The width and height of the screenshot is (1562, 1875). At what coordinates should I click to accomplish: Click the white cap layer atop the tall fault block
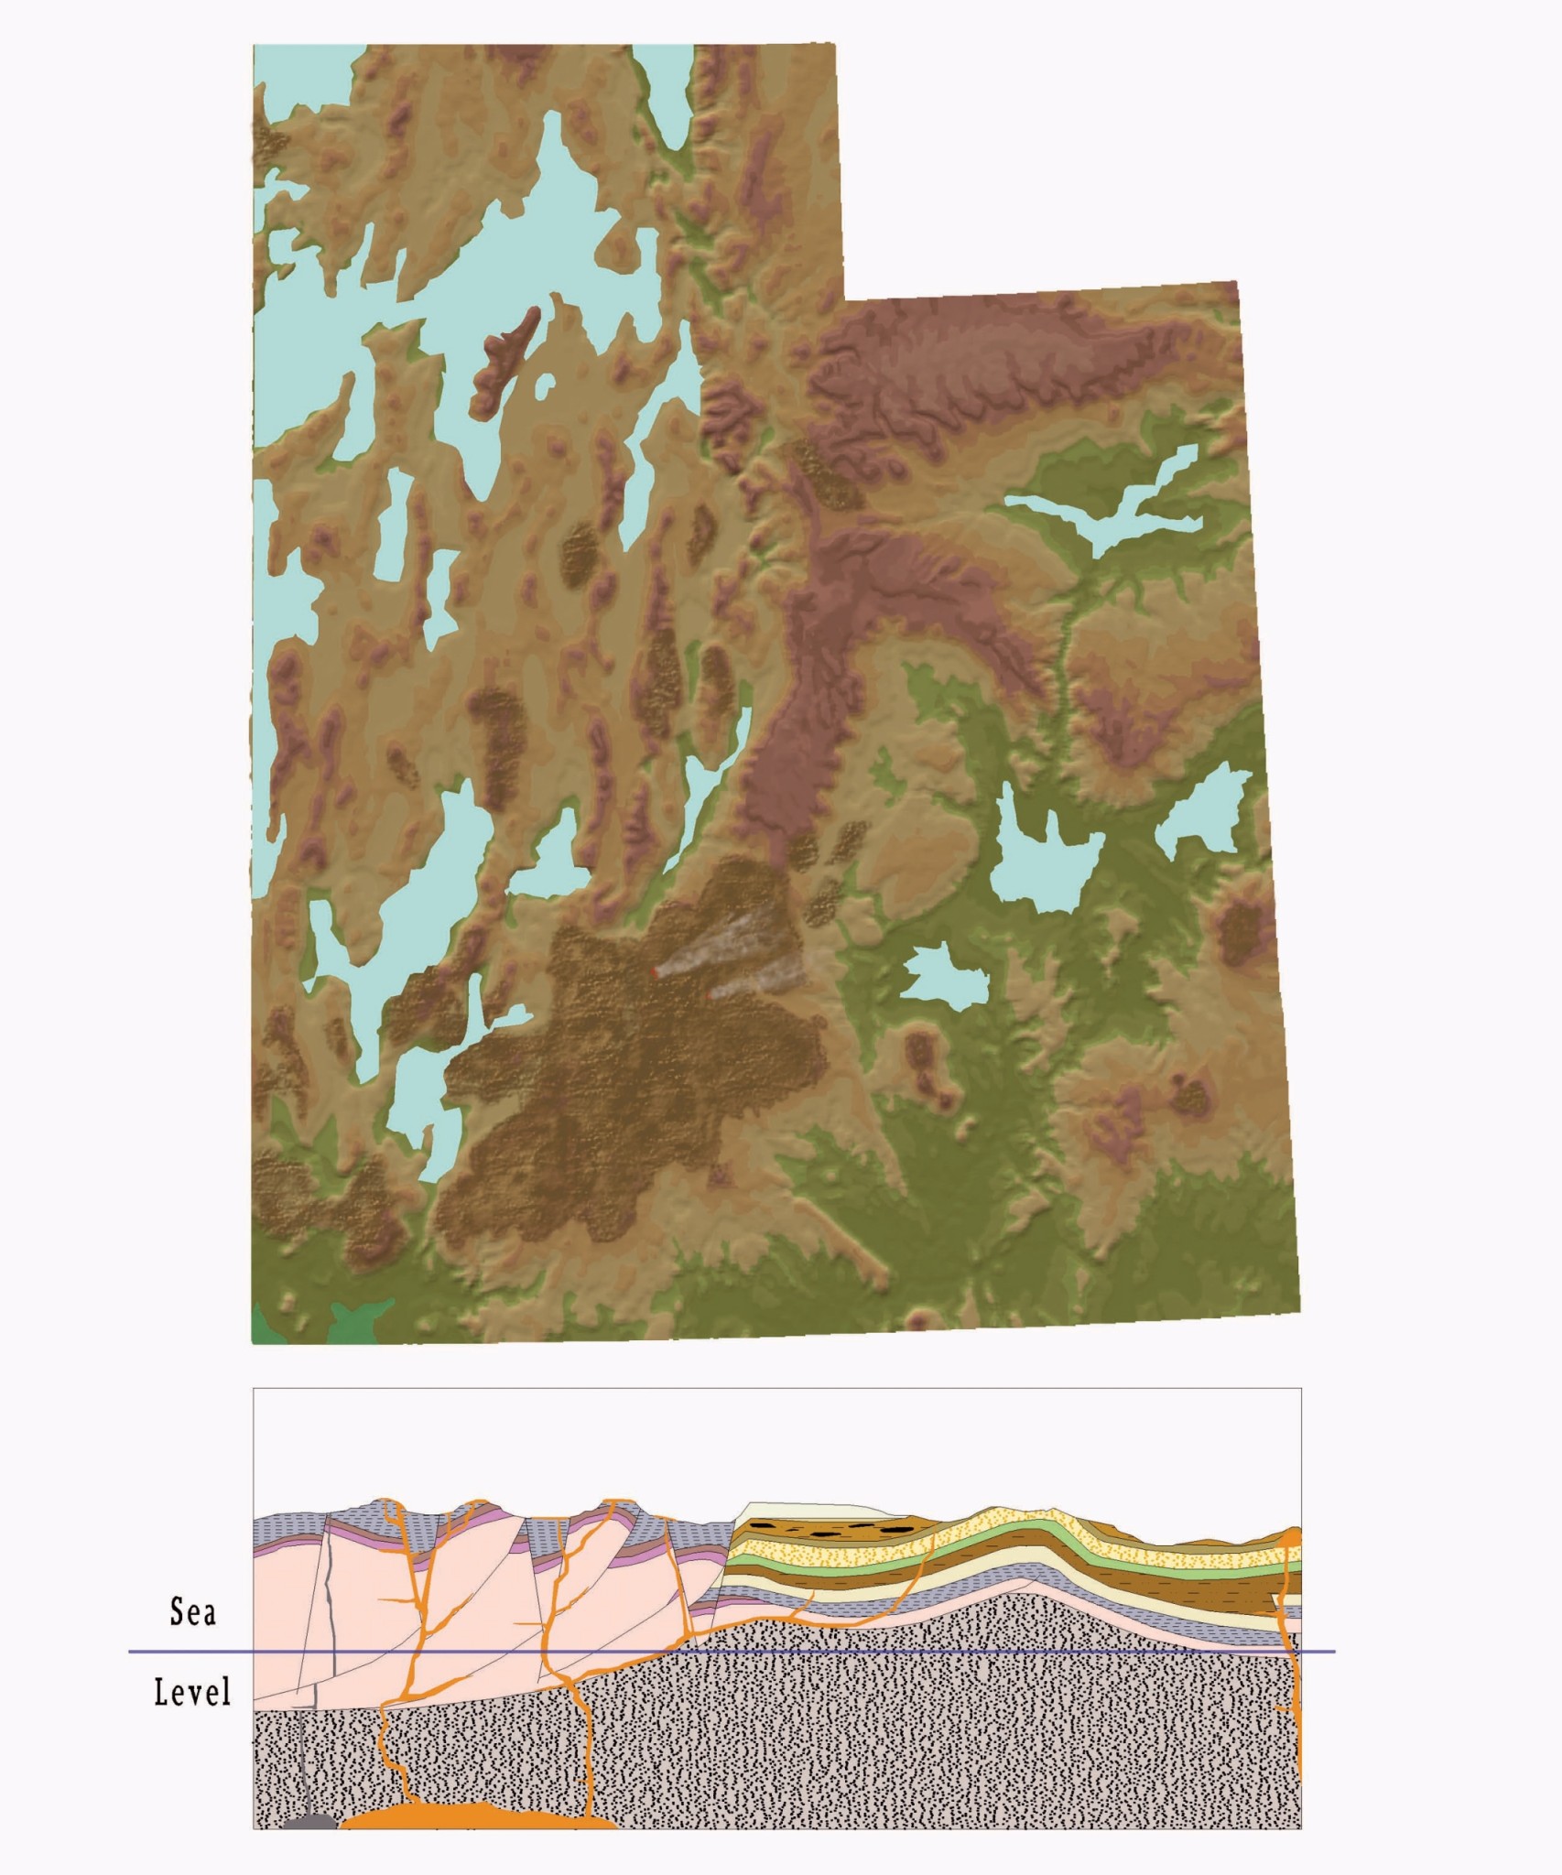click(x=806, y=1511)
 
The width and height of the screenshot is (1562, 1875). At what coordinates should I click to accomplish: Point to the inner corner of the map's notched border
click(x=843, y=299)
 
